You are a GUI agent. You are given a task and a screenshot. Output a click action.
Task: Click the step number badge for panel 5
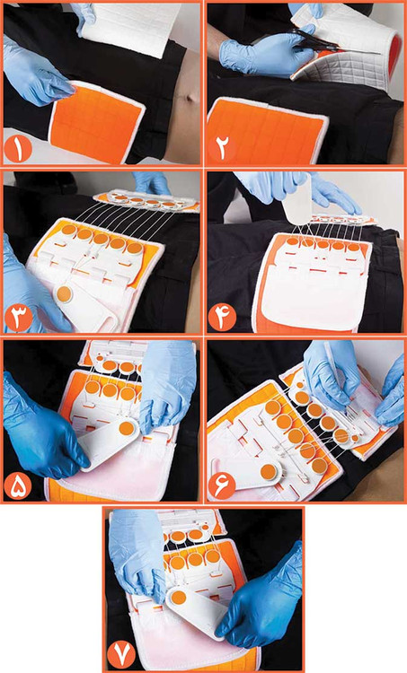tap(18, 486)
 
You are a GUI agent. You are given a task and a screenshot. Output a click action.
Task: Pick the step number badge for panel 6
tap(222, 486)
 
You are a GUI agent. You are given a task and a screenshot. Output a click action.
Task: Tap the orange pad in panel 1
tap(97, 119)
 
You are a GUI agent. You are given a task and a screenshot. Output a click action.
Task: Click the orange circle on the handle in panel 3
tap(65, 294)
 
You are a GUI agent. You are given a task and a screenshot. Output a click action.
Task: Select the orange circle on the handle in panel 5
tap(127, 428)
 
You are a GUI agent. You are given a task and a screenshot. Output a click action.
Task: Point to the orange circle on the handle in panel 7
tap(179, 597)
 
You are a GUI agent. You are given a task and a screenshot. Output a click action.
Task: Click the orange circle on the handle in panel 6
tap(269, 472)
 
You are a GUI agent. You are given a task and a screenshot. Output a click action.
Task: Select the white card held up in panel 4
tap(297, 198)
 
